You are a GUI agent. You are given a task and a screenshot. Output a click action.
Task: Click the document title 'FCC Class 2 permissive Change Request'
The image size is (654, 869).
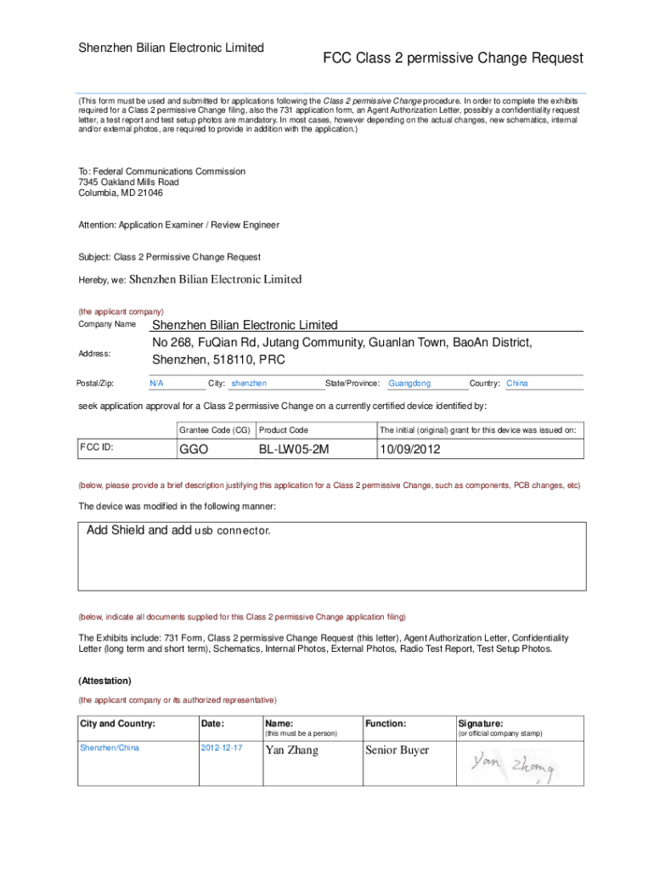coord(452,58)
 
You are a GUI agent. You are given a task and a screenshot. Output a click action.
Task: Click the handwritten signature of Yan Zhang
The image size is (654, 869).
coord(513,769)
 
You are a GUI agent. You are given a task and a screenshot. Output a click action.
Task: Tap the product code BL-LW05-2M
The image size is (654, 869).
coord(294,449)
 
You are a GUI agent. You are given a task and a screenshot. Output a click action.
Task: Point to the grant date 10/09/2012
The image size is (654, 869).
coord(410,449)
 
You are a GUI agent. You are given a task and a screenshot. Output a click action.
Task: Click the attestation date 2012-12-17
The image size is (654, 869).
coord(221,748)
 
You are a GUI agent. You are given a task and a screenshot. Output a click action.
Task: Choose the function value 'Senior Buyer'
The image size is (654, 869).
coord(397,750)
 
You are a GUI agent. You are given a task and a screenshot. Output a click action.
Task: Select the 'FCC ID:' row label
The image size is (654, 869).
coord(97,447)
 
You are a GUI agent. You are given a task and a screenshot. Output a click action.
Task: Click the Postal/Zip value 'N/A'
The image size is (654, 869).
coord(156,384)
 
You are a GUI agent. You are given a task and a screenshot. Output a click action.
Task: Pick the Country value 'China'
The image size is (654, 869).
coord(517,384)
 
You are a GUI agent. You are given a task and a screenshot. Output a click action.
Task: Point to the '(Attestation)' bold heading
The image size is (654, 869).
coord(104,681)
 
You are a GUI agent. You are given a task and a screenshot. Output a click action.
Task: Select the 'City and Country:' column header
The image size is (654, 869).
coord(117,723)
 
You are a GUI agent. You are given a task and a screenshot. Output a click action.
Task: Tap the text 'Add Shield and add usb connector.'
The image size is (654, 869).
coord(179,530)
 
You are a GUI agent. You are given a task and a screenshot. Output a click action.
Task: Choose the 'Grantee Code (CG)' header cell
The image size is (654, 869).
coord(215,430)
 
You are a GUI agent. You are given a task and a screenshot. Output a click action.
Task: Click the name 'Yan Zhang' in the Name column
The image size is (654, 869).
coord(292,750)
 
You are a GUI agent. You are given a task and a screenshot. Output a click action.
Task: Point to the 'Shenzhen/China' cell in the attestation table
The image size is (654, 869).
coord(110,748)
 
